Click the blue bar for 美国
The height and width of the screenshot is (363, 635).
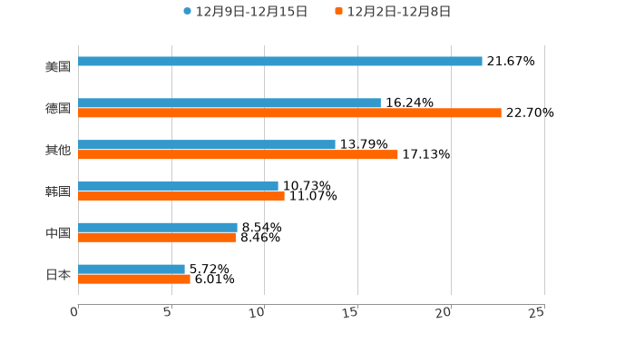click(x=280, y=62)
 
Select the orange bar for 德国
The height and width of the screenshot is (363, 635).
click(x=289, y=113)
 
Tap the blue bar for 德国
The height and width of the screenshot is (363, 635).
click(x=230, y=103)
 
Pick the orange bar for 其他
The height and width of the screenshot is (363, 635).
click(x=238, y=155)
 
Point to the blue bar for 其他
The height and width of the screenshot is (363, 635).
click(x=207, y=145)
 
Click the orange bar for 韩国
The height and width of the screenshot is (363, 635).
click(x=181, y=196)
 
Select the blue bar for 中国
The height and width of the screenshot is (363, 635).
click(x=158, y=228)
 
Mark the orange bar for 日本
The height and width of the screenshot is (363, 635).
click(x=134, y=280)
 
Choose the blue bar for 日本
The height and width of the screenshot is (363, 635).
click(x=132, y=270)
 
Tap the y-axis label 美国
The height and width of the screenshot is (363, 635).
click(x=58, y=67)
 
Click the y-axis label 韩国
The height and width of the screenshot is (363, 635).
click(x=58, y=191)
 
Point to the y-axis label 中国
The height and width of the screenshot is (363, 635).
click(x=58, y=233)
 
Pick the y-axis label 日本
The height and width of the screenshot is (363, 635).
click(x=58, y=275)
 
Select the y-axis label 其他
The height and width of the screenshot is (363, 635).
click(x=58, y=150)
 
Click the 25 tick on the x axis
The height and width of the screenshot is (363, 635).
click(x=537, y=312)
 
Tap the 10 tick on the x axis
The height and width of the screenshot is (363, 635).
click(x=258, y=312)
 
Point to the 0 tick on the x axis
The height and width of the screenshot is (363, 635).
click(x=75, y=312)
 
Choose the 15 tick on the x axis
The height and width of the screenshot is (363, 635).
click(x=351, y=312)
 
